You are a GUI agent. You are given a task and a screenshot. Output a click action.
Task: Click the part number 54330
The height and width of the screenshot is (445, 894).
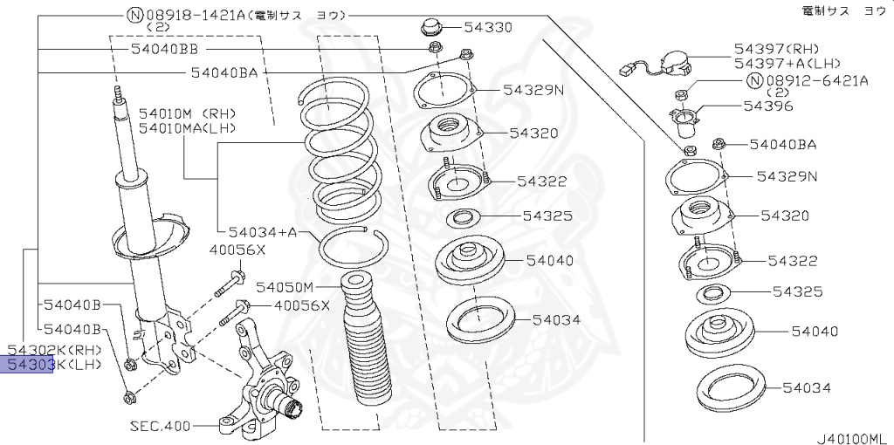tap(488, 27)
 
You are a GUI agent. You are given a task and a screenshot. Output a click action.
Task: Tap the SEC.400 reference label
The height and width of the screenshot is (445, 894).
tap(161, 426)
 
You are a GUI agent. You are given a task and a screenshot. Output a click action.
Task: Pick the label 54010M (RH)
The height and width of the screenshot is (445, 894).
tap(187, 113)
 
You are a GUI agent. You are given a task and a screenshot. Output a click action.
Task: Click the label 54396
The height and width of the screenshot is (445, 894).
tap(767, 106)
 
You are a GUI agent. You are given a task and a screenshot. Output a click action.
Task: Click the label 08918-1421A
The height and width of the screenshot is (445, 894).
tap(200, 14)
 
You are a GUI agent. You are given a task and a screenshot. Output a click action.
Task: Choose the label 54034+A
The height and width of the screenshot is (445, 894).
tap(262, 232)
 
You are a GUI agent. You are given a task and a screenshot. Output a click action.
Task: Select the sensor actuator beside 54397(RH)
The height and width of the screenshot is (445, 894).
tap(676, 63)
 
